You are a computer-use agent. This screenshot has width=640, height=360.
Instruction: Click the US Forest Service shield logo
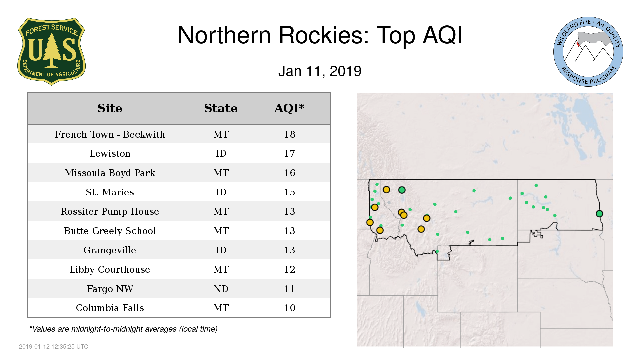pos(51,51)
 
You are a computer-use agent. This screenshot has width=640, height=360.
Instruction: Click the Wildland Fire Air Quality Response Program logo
pos(588,52)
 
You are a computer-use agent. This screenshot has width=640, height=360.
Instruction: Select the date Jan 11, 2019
pos(320,71)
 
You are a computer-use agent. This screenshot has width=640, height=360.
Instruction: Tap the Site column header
pos(110,108)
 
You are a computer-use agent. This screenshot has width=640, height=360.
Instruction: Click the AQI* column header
pos(289,108)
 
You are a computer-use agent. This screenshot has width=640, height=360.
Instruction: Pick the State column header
pos(221,108)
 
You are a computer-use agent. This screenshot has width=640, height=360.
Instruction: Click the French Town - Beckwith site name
pos(110,134)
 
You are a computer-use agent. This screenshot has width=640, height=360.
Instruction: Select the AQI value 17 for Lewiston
pos(289,154)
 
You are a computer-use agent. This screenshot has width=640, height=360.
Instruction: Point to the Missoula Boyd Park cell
pos(110,173)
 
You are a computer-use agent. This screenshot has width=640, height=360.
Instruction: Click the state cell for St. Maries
pos(221,192)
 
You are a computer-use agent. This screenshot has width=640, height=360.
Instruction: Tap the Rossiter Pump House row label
pos(110,212)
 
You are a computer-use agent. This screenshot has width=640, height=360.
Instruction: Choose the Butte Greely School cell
pos(110,231)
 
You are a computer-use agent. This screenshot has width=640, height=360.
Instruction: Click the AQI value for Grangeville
pos(289,250)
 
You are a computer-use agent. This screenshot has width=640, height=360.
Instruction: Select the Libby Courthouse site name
pos(110,270)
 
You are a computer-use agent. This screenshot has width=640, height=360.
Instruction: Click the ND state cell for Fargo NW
pos(221,289)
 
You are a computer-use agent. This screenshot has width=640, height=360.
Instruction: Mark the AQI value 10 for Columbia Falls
pos(289,308)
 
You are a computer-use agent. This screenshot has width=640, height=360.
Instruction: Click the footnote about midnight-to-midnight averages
pos(123,329)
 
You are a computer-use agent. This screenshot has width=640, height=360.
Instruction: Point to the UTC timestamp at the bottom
pos(54,347)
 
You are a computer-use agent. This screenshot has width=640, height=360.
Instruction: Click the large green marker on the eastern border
pos(599,214)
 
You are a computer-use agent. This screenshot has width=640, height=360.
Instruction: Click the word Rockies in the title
pos(324,35)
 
